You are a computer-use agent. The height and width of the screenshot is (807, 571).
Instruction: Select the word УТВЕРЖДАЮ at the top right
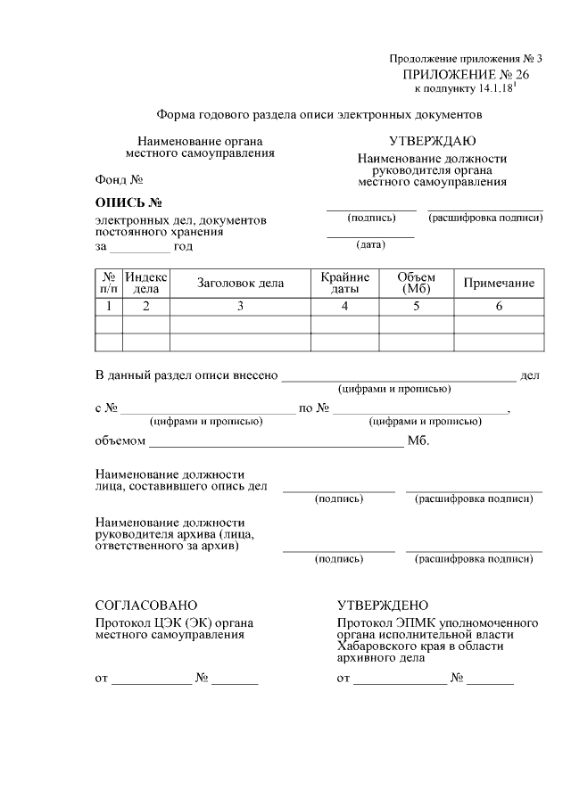click(x=432, y=141)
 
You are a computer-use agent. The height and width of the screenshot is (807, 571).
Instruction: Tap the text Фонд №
click(x=120, y=179)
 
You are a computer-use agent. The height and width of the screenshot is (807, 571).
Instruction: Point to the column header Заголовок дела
click(x=240, y=284)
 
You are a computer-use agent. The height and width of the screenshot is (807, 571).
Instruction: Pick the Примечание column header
click(x=500, y=284)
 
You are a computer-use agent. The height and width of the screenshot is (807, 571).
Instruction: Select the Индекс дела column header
click(x=145, y=284)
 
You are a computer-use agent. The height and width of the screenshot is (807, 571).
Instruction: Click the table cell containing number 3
click(x=240, y=307)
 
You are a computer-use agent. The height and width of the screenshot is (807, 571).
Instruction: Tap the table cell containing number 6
click(x=500, y=307)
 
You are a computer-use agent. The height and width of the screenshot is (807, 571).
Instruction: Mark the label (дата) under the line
click(x=370, y=244)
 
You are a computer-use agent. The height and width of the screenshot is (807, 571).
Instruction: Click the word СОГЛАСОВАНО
click(x=146, y=605)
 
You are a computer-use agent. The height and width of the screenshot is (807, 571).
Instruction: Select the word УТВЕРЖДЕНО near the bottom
click(x=383, y=605)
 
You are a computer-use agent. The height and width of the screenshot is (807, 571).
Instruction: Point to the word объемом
click(x=120, y=441)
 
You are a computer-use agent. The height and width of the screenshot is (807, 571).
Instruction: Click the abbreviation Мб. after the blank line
click(x=418, y=441)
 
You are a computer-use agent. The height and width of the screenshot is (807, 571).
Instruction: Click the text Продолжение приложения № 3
click(x=465, y=59)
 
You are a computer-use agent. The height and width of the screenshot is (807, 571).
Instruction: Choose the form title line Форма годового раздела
click(x=319, y=115)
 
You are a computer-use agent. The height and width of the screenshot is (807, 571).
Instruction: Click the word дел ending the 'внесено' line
click(x=530, y=376)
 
